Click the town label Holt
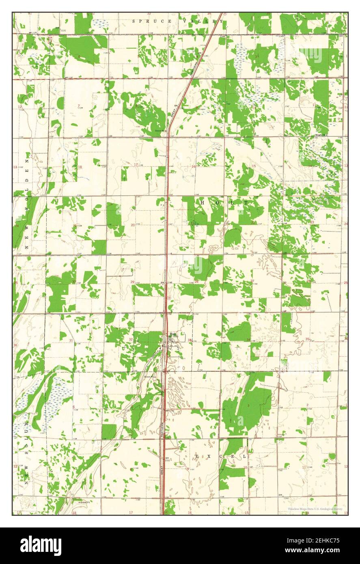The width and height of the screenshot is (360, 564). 173,334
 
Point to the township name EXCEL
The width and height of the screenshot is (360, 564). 221,456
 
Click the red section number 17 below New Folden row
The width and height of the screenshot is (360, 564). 136,164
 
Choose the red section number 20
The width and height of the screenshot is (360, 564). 132,225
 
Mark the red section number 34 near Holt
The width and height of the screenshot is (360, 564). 248,339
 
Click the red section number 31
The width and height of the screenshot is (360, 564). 71,340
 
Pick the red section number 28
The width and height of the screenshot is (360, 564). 196,282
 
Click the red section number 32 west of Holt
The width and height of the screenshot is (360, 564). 131,339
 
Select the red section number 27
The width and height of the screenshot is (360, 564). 252,281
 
